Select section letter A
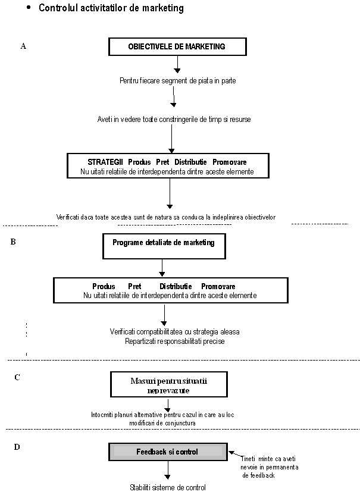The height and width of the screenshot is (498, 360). (23, 46)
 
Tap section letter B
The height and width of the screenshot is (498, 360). (13, 242)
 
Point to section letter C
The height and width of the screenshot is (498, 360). (17, 377)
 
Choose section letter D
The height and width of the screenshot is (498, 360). (17, 447)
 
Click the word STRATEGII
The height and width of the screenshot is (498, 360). (105, 162)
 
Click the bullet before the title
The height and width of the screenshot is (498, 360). (29, 8)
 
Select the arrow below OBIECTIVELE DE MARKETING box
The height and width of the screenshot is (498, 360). (177, 64)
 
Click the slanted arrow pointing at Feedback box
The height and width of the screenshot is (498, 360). (236, 455)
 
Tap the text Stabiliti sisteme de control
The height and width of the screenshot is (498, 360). (168, 487)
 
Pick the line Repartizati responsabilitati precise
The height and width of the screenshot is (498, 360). (175, 342)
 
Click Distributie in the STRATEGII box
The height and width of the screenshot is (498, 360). (190, 162)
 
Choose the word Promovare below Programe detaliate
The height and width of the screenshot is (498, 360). (218, 286)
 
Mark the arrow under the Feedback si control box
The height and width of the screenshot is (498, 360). (168, 470)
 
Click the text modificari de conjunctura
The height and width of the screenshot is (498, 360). (162, 423)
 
